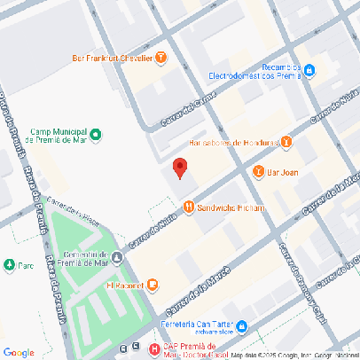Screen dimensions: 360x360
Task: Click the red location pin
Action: (179, 168)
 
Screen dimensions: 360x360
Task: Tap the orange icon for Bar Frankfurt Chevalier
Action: (160, 59)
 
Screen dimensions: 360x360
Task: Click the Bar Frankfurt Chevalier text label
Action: (111, 59)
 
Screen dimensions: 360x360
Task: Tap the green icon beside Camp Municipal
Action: (96, 135)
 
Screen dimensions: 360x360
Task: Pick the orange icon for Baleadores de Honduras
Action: (286, 142)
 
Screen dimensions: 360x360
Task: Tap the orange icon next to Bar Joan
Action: (258, 172)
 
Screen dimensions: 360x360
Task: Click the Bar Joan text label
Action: (283, 172)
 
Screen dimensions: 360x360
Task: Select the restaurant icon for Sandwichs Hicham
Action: (188, 207)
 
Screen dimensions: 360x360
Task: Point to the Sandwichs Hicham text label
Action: (231, 207)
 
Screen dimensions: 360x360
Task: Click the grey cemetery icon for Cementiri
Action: (117, 257)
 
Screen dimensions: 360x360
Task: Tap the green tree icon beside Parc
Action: (8, 264)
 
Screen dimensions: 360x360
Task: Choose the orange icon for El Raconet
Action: (153, 286)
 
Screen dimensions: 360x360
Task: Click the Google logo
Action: (19, 352)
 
